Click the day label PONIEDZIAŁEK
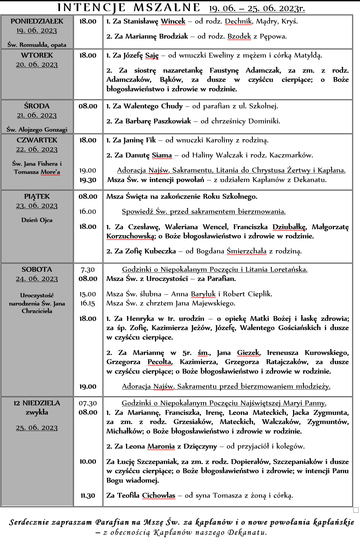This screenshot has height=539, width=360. [37, 21]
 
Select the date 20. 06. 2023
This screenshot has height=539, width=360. [37, 65]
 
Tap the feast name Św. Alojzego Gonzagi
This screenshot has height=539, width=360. [37, 130]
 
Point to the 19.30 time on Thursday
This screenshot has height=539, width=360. [88, 180]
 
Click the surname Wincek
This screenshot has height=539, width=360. [173, 22]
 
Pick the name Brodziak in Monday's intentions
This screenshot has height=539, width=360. [173, 36]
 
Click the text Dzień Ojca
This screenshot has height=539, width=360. [37, 220]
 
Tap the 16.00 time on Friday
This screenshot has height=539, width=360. [88, 212]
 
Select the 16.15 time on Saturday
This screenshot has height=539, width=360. [88, 303]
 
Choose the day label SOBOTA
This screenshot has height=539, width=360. [37, 269]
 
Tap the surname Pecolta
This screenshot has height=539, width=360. [159, 362]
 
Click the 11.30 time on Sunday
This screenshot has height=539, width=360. [88, 495]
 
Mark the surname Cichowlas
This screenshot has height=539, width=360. [158, 495]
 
